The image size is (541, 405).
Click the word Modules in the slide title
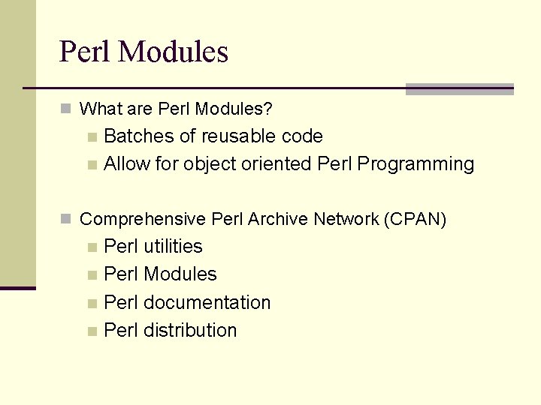coord(173,52)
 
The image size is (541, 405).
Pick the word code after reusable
coord(302,136)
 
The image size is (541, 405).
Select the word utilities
coord(173,247)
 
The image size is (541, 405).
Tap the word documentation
coord(207,303)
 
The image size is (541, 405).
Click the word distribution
coord(190,331)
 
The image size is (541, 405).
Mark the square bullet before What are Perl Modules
coord(66,109)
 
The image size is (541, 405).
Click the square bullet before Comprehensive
coord(66,220)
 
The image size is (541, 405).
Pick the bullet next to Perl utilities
coord(92,247)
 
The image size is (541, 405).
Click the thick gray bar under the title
coord(459,89)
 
